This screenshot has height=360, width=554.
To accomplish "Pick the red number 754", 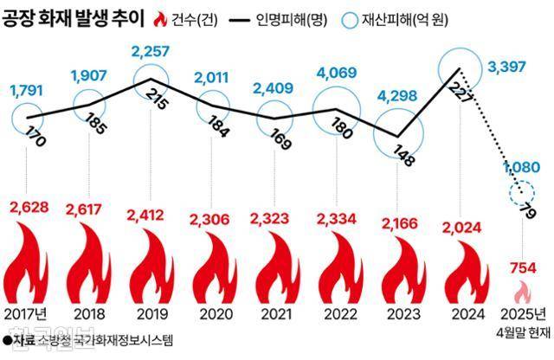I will pos(524,264).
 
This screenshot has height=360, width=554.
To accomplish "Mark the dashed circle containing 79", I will pos(522,193).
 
